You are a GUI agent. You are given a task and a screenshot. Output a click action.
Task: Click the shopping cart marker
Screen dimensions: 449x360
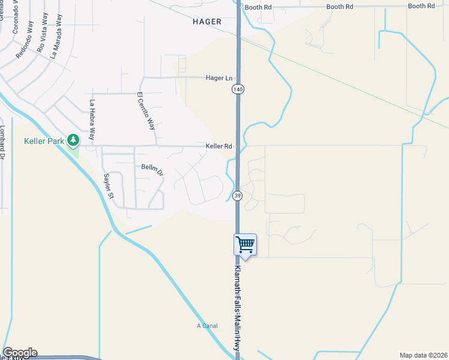[245, 244]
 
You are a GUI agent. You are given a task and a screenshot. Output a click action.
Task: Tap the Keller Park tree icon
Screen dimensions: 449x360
[73, 140]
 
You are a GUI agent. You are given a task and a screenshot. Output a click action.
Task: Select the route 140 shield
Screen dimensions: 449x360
[238, 89]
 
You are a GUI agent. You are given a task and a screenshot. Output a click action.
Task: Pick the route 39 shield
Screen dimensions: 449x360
[238, 196]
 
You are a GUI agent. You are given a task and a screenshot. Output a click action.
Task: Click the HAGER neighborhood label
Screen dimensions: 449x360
[207, 22]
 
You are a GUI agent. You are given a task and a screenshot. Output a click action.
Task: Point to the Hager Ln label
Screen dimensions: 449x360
[218, 78]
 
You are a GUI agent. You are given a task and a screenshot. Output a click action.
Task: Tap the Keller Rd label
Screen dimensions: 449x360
[218, 146]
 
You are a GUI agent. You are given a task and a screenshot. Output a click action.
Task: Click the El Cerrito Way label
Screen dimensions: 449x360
[146, 111]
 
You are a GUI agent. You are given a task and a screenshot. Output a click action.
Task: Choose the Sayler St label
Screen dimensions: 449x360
[108, 186]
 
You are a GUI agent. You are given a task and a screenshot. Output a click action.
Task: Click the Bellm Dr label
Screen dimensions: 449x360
[152, 169]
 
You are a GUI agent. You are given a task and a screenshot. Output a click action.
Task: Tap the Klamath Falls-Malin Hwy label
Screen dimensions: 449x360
[238, 311]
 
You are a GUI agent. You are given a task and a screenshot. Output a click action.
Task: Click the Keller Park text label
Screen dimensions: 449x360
[43, 142]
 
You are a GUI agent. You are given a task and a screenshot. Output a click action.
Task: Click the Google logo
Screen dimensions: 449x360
[20, 353]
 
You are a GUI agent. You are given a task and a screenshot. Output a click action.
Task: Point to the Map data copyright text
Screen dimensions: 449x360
[423, 355]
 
